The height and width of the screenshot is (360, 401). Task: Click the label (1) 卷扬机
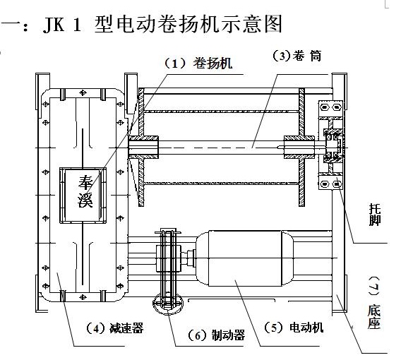[198, 63]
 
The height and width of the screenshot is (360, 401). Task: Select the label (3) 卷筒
[297, 56]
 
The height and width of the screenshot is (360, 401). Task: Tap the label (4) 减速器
[114, 328]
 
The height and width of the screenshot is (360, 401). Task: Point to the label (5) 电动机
[293, 328]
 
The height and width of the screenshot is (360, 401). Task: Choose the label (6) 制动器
[216, 335]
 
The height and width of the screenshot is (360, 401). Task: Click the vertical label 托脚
[375, 215]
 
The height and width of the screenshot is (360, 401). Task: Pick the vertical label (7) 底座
[374, 303]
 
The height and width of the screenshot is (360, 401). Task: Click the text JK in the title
[54, 25]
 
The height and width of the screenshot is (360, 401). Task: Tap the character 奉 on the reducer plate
[85, 183]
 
